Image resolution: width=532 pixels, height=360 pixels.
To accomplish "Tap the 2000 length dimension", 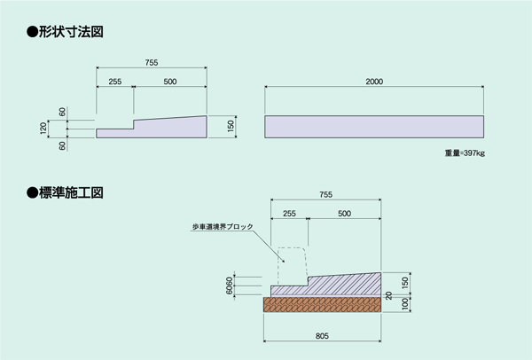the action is click(374, 82).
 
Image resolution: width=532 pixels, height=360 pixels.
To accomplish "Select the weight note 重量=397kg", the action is click(465, 153).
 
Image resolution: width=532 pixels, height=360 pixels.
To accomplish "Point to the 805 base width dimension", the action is click(322, 336).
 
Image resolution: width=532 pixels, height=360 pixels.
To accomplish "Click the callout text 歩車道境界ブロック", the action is click(223, 227).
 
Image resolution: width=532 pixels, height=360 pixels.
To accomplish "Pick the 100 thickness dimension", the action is click(405, 304).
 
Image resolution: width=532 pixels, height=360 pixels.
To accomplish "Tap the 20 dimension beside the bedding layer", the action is click(389, 295).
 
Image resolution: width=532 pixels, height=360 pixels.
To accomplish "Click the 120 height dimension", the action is click(43, 129).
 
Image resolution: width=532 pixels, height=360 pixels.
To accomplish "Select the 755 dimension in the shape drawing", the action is click(152, 62).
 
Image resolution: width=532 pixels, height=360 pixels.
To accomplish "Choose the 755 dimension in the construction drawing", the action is click(325, 194).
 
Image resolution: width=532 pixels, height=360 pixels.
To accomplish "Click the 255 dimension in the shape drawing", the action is click(115, 82).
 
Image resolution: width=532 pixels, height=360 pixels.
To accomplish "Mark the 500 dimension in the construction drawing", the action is click(344, 214).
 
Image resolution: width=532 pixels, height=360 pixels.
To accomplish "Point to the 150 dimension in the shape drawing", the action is click(231, 127).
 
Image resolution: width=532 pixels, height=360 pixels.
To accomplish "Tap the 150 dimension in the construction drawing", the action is click(405, 284).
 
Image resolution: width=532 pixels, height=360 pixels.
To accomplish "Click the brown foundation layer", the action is click(323, 304).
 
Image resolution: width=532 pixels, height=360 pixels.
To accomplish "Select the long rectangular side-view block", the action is click(374, 127).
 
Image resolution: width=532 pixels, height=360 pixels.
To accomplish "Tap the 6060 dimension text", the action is click(230, 286).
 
